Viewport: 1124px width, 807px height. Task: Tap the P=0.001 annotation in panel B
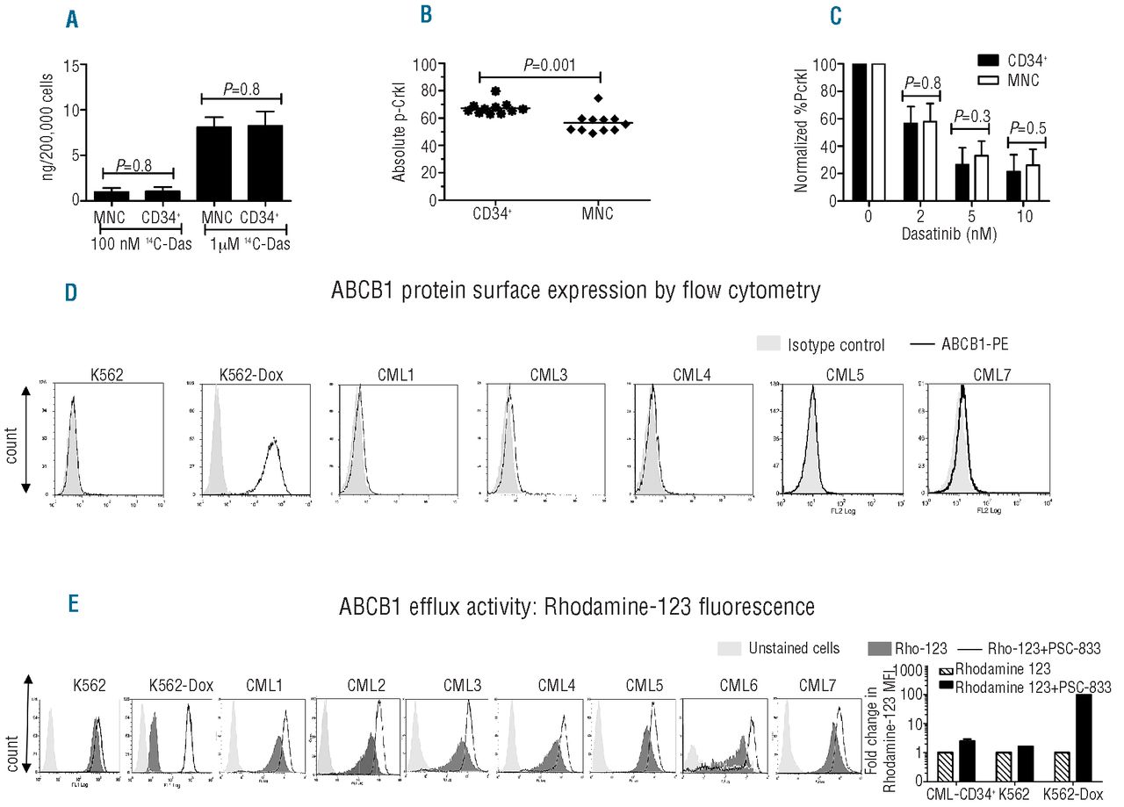pyautogui.click(x=541, y=63)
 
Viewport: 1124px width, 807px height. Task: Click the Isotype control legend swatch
pyautogui.click(x=767, y=344)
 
